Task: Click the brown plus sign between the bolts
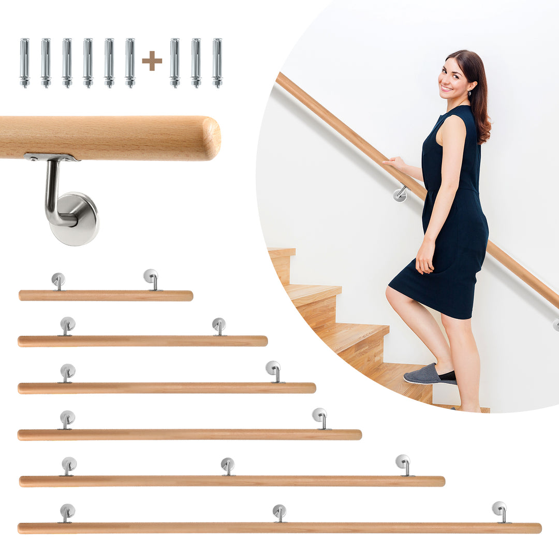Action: click(x=152, y=61)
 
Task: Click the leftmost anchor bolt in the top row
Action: click(x=24, y=62)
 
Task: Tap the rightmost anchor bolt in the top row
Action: click(x=217, y=62)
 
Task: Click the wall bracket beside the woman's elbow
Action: click(x=401, y=194)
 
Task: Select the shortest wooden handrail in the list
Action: click(x=106, y=296)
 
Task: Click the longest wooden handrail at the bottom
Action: click(x=279, y=528)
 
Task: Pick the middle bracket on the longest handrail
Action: click(x=279, y=512)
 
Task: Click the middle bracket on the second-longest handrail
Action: click(x=228, y=465)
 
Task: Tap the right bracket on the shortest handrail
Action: click(x=151, y=278)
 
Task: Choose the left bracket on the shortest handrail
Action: click(x=58, y=280)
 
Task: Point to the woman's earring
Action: click(x=470, y=94)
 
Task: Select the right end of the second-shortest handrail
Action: click(x=263, y=341)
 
